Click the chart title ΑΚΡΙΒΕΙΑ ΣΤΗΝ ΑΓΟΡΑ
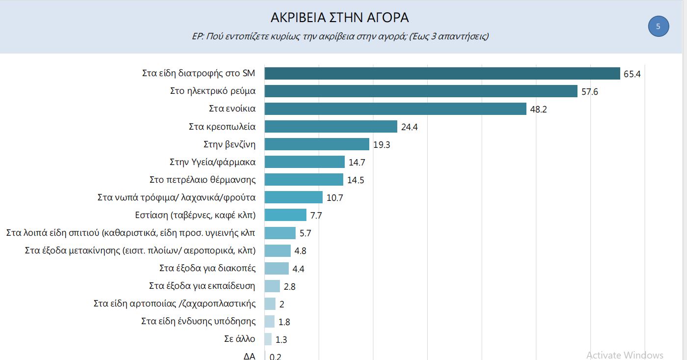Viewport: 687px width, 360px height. click(x=339, y=18)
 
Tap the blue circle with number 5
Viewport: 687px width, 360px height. click(x=659, y=26)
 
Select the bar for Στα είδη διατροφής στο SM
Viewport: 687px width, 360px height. click(x=442, y=74)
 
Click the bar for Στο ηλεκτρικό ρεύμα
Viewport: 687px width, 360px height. click(x=421, y=91)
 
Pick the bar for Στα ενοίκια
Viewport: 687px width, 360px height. click(x=395, y=109)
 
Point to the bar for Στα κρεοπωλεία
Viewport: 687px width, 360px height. click(x=330, y=127)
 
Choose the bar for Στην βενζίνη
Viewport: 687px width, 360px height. click(x=317, y=144)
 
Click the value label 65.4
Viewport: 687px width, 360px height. click(x=632, y=74)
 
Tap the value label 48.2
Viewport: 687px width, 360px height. click(x=538, y=110)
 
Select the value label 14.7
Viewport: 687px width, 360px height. click(x=357, y=163)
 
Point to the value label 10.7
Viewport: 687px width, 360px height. click(x=335, y=198)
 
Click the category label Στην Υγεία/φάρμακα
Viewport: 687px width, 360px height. click(x=212, y=162)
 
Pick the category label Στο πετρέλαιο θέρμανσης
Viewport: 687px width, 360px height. click(x=202, y=180)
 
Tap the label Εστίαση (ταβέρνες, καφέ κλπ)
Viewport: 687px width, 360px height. click(x=195, y=215)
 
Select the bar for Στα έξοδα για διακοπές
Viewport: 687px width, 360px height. click(x=276, y=268)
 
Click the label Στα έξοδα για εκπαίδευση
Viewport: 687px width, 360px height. click(x=202, y=286)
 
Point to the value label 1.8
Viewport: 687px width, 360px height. click(x=284, y=322)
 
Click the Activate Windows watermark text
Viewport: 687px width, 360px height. click(x=625, y=355)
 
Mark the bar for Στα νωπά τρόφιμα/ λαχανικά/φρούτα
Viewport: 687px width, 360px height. click(x=293, y=197)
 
